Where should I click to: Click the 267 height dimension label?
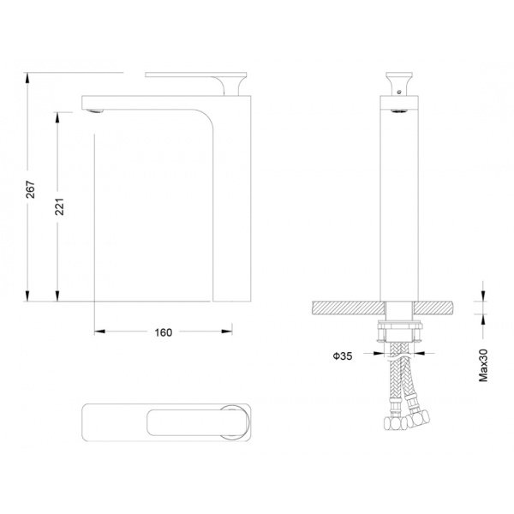31,189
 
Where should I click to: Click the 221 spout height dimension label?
59,206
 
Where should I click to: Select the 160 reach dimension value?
164,332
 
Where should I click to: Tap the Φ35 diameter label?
343,356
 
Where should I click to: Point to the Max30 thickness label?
483,365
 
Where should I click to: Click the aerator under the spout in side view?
95,111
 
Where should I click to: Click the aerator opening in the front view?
399,111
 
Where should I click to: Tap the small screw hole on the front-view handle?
399,93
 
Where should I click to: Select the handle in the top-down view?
197,422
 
